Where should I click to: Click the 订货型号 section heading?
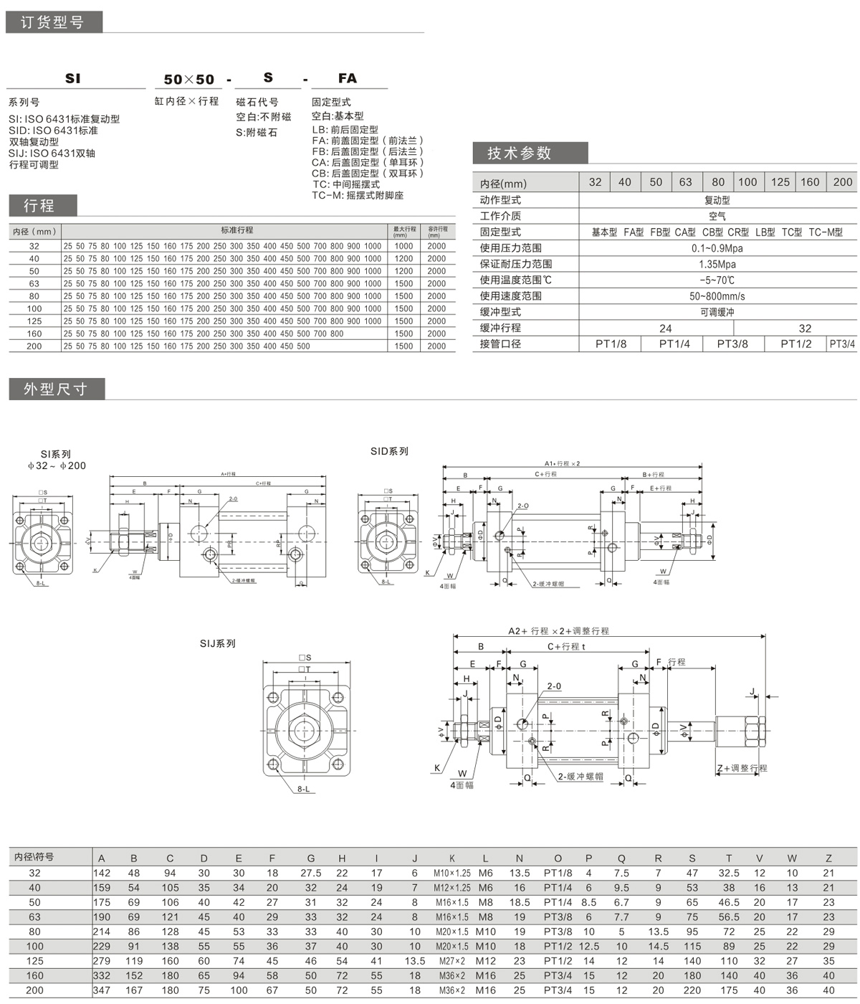click(x=52, y=22)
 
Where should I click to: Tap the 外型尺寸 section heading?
click(x=55, y=389)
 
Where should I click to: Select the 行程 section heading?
click(x=39, y=206)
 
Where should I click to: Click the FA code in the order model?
click(x=348, y=78)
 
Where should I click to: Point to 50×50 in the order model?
click(x=189, y=79)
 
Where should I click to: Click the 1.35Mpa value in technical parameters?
click(x=717, y=264)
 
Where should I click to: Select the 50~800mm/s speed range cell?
click(x=717, y=295)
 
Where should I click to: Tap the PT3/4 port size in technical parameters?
click(x=842, y=344)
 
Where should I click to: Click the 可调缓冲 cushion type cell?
click(x=717, y=312)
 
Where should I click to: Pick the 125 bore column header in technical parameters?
click(x=780, y=182)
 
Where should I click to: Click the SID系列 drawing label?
click(x=389, y=451)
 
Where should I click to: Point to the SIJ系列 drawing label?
click(x=217, y=643)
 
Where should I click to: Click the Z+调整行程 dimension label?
click(x=742, y=768)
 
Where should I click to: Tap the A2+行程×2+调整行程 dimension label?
click(x=558, y=631)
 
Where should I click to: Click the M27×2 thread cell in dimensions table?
click(x=451, y=961)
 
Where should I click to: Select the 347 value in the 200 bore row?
click(x=102, y=990)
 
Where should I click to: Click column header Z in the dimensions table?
click(x=828, y=858)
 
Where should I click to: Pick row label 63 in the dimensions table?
click(x=34, y=917)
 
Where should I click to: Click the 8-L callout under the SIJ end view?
click(x=304, y=789)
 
